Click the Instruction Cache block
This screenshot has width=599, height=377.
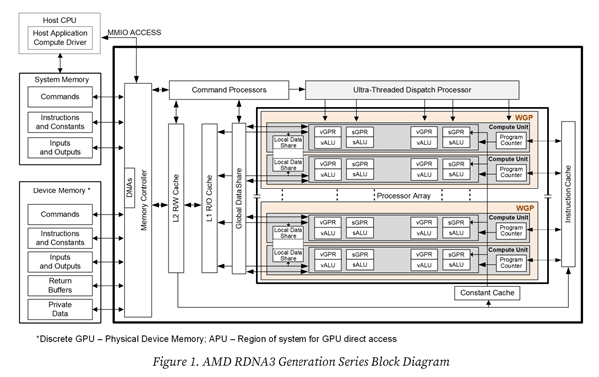click(570, 189)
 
